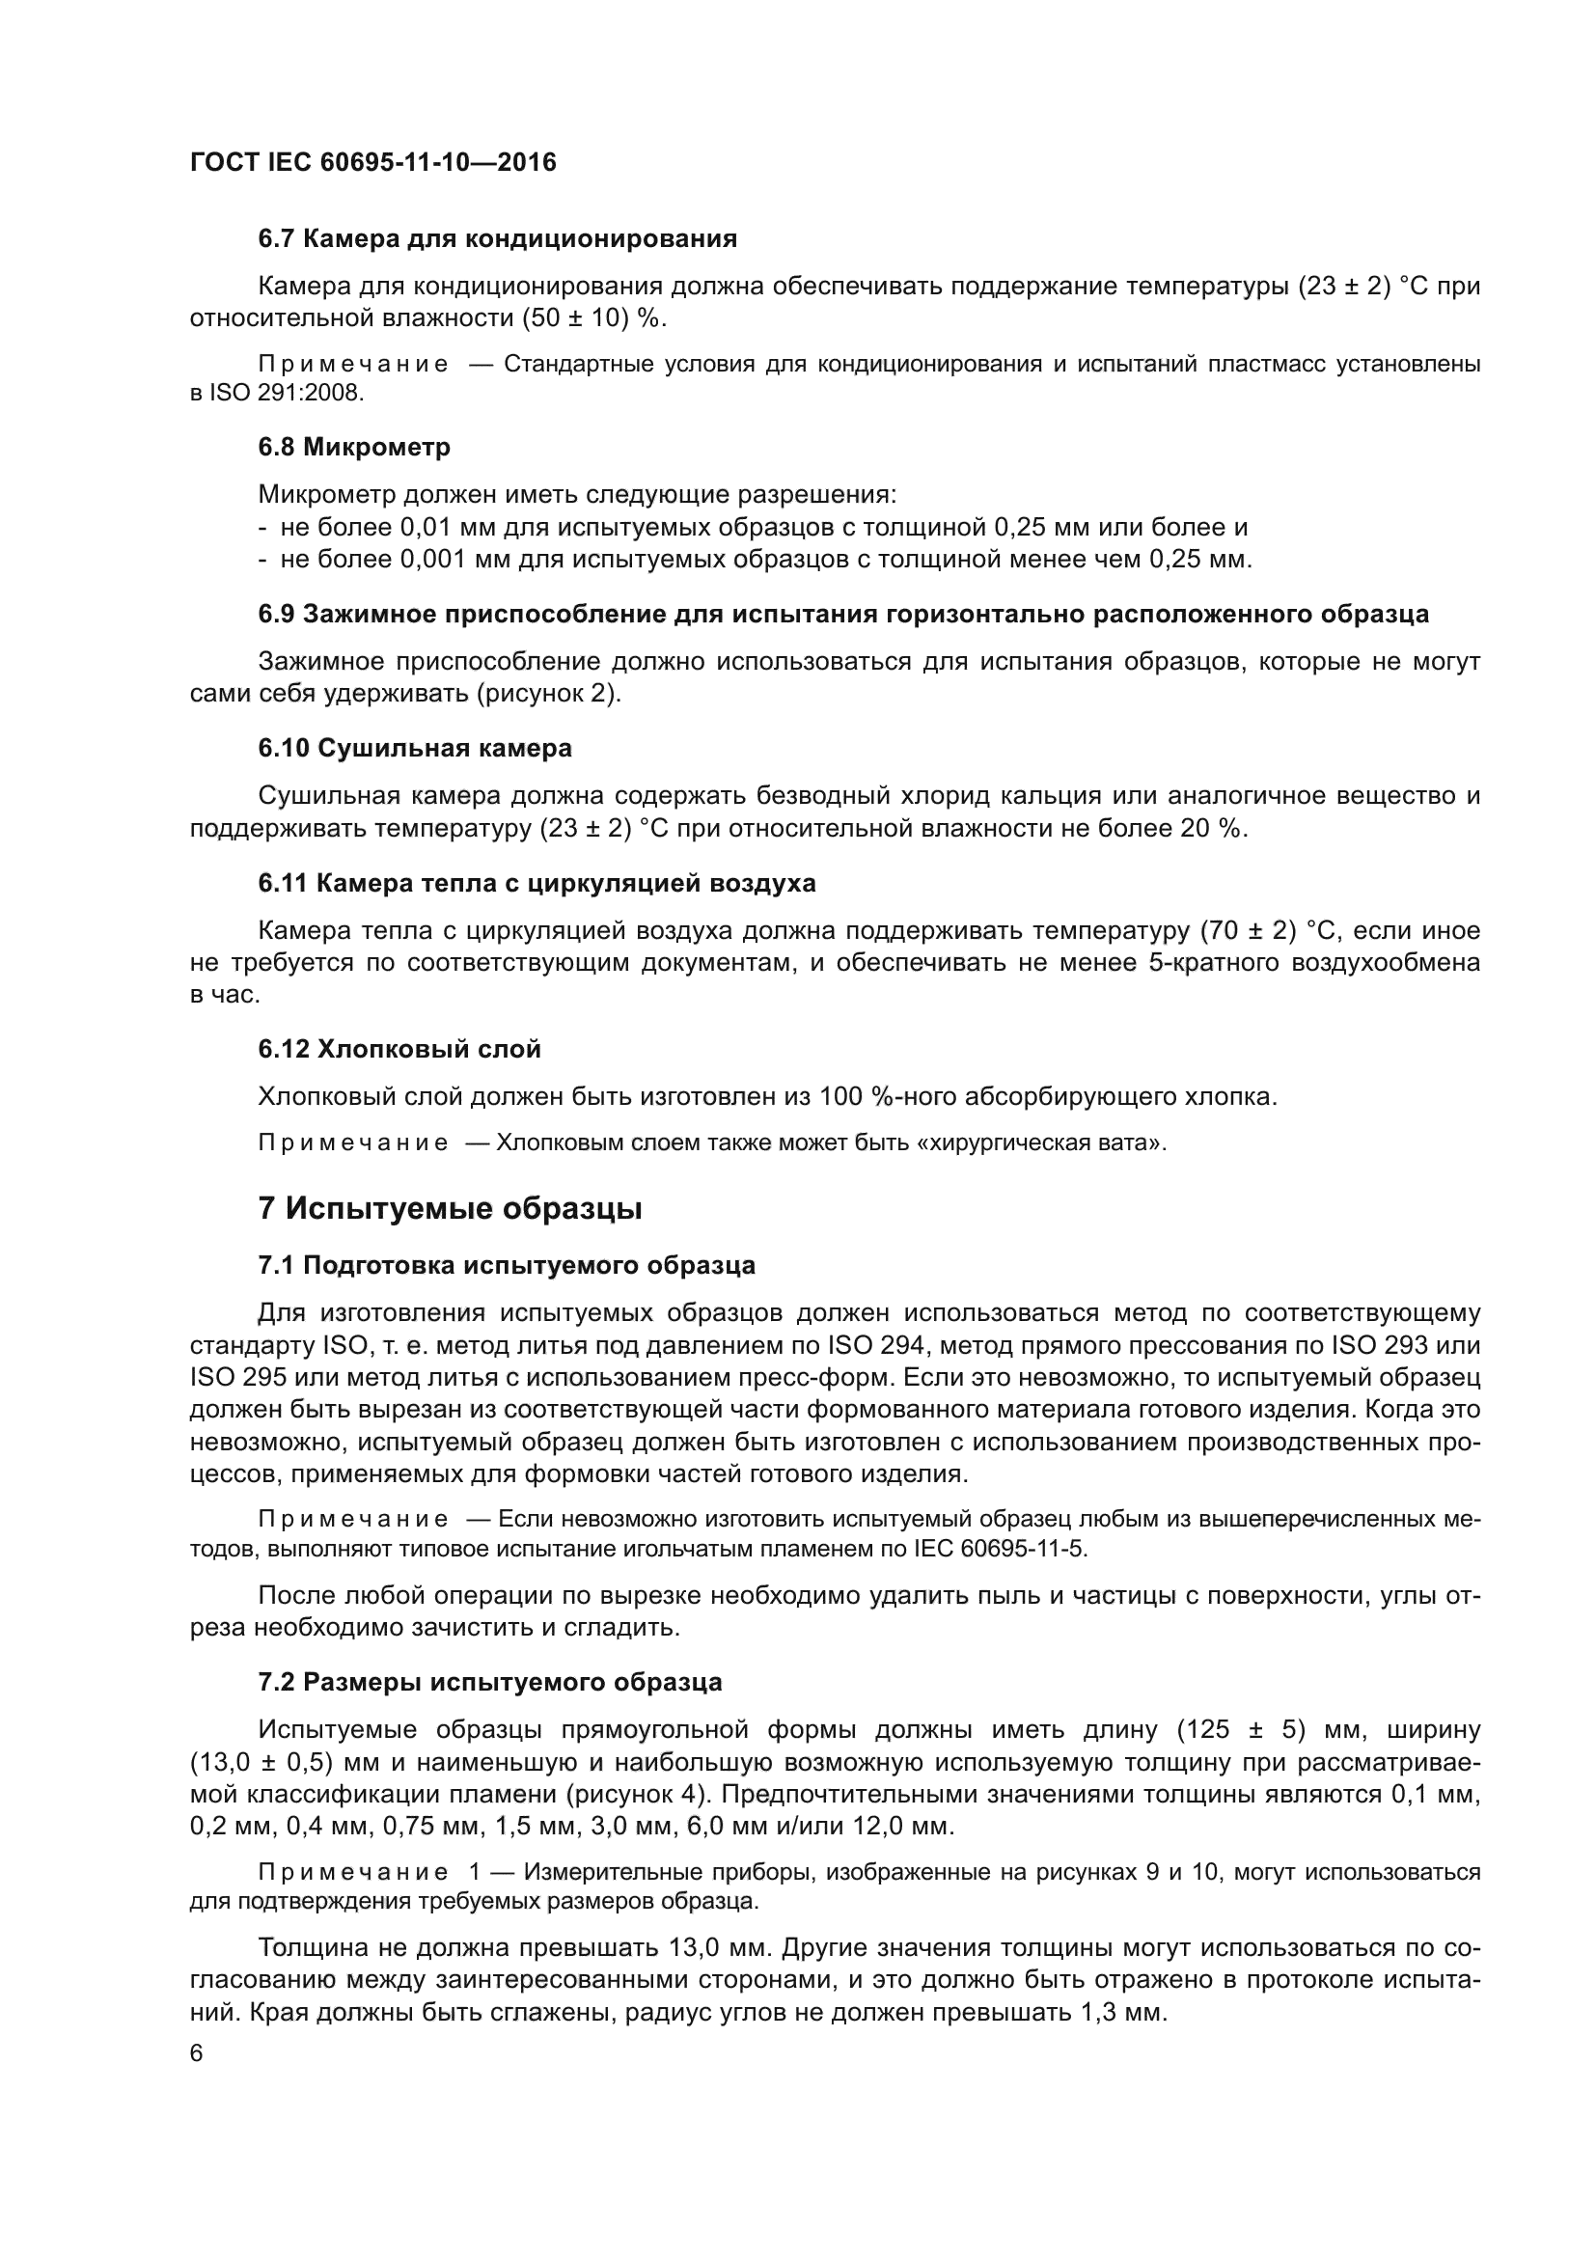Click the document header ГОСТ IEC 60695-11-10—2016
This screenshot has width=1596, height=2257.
pos(372,162)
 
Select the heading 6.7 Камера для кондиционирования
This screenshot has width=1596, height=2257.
pos(497,239)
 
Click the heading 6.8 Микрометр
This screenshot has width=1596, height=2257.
pos(354,448)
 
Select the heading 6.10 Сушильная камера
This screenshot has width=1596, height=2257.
pos(415,748)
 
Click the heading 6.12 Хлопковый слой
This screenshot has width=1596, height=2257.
pos(399,1049)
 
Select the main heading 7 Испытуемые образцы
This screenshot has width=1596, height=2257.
pos(450,1208)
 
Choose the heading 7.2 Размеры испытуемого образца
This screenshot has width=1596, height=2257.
pos(489,1682)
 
